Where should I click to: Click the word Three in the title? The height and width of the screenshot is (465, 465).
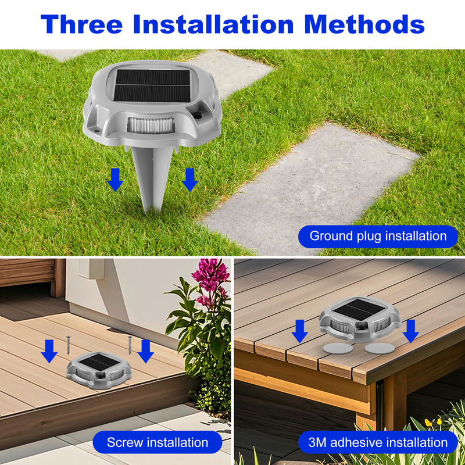pos(81,24)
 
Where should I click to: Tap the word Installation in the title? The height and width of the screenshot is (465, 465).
pos(213,24)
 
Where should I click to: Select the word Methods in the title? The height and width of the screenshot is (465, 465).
pos(364,24)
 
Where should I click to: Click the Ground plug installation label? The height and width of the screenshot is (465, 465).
pos(378,237)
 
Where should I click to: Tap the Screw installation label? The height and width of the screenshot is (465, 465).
pos(158,442)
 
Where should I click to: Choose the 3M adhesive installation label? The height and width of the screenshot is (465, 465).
pos(378,442)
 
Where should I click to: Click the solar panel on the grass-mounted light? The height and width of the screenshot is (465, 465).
pos(152,86)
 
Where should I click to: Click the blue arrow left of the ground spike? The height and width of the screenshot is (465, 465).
pos(115,180)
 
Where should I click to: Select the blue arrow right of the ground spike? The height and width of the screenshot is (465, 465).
pos(190,180)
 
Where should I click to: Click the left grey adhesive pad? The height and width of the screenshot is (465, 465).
pos(338,348)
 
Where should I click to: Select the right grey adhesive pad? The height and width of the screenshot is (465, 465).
pos(380,348)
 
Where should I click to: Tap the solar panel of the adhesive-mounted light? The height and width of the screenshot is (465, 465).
pos(359,309)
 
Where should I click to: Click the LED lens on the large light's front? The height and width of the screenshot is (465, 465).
pos(151,126)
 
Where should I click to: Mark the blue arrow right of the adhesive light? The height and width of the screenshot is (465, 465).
pos(411,331)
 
